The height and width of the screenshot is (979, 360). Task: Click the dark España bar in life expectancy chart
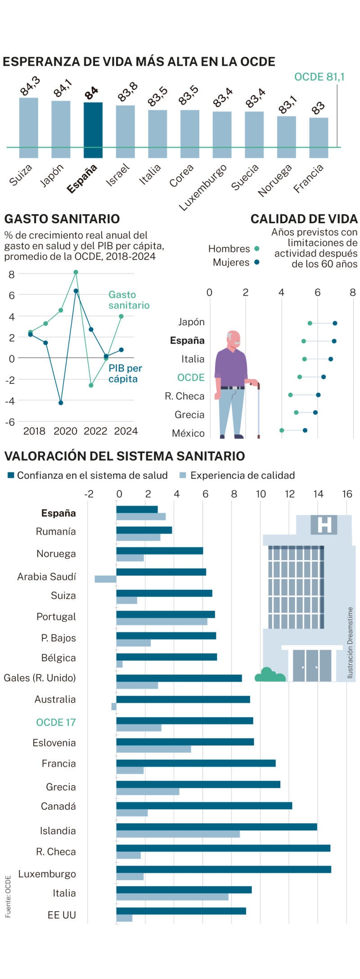93,130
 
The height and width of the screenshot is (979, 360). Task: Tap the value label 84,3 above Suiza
30,86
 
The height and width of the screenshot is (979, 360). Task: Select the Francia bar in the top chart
319,138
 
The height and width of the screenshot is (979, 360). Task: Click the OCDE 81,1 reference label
319,77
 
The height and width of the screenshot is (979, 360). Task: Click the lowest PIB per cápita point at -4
61,403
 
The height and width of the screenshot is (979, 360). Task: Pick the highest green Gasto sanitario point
76,272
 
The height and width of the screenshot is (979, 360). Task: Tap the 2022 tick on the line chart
95,431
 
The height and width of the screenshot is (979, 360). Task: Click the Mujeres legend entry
235,262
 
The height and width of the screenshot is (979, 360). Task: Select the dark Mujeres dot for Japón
335,323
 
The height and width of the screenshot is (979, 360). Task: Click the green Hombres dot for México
282,431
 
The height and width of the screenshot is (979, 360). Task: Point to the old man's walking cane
258,409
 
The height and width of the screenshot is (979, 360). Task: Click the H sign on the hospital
324,525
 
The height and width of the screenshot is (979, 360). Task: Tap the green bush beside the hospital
270,675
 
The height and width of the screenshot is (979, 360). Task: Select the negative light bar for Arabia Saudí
105,579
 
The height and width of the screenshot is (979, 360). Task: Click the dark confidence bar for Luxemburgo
224,869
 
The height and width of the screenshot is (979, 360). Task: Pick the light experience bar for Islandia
178,834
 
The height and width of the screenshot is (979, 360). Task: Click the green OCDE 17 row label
56,722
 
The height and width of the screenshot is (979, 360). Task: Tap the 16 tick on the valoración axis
346,494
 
